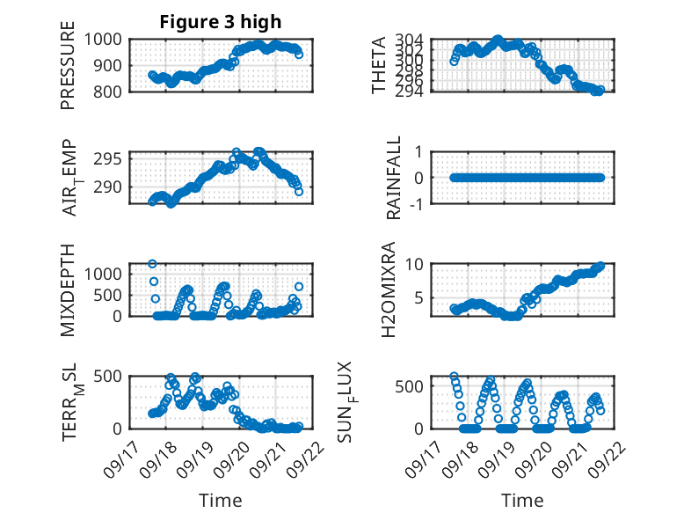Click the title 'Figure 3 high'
pyautogui.click(x=221, y=22)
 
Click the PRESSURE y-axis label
pyautogui.click(x=68, y=70)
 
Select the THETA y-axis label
pyautogui.click(x=379, y=65)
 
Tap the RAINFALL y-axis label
pyautogui.click(x=395, y=178)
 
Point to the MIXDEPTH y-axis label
pyautogui.click(x=68, y=290)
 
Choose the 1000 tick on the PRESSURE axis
pyautogui.click(x=104, y=40)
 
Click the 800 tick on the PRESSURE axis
pyautogui.click(x=107, y=92)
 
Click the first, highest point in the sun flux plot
pyautogui.click(x=454, y=377)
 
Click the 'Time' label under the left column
pyautogui.click(x=221, y=501)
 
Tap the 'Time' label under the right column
pyautogui.click(x=522, y=501)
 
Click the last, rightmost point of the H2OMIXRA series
pyautogui.click(x=600, y=266)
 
